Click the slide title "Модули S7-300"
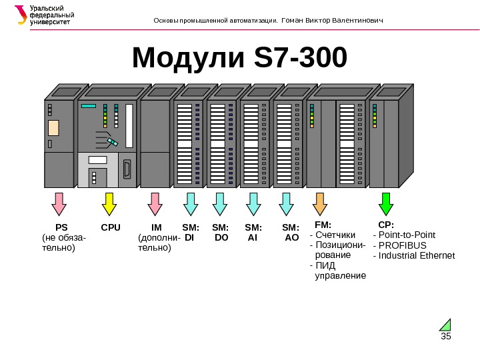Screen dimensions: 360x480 (x=239, y=58)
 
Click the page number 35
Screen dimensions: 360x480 (x=446, y=335)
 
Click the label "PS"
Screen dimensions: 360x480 (x=61, y=227)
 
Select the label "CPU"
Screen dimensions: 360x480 (x=111, y=227)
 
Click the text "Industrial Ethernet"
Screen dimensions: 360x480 (x=417, y=255)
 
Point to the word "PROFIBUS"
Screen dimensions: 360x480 (x=402, y=245)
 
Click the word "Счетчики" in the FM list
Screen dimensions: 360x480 (x=335, y=235)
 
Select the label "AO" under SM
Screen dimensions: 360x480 (x=291, y=237)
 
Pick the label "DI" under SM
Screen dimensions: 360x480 (x=189, y=237)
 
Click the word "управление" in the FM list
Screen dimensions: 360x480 (x=340, y=275)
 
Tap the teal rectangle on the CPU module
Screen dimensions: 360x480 (x=89, y=106)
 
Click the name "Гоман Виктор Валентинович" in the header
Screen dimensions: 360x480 (x=333, y=20)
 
